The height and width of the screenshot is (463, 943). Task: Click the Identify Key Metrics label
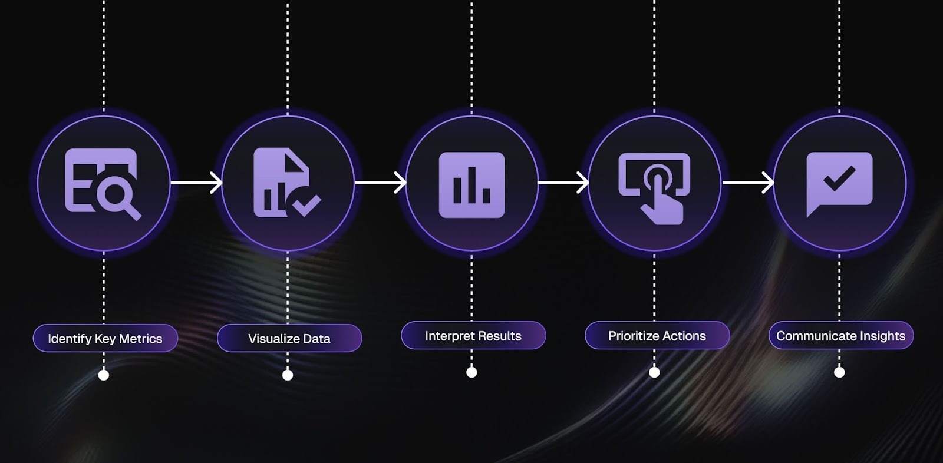pos(105,339)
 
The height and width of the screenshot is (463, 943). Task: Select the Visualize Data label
pos(289,339)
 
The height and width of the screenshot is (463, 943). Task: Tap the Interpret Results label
pos(473,336)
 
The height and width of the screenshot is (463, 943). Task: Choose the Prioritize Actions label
pos(657,336)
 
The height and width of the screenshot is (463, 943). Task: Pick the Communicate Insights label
pos(840,336)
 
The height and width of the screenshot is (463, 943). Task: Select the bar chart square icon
pos(471,185)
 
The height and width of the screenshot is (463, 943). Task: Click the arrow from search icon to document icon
pos(196,183)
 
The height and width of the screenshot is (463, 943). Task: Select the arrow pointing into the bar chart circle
pos(380,183)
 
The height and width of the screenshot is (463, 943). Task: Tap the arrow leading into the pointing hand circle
pos(563,183)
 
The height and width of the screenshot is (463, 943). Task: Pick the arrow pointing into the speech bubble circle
pos(747,183)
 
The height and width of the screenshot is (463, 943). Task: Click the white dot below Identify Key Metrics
pos(104,375)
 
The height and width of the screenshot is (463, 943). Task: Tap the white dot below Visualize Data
pos(288,375)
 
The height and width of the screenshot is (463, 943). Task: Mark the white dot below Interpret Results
pos(471,372)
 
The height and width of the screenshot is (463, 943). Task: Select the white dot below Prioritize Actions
pos(654,372)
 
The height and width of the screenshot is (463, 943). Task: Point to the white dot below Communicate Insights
pos(840,372)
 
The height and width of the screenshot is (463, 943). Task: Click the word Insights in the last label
pos(882,336)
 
